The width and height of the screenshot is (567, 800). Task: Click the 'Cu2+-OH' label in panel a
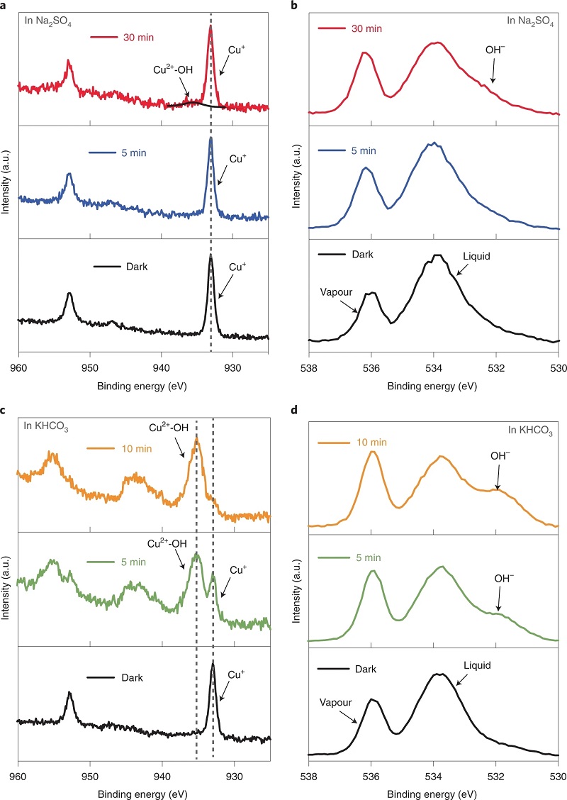(170, 70)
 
